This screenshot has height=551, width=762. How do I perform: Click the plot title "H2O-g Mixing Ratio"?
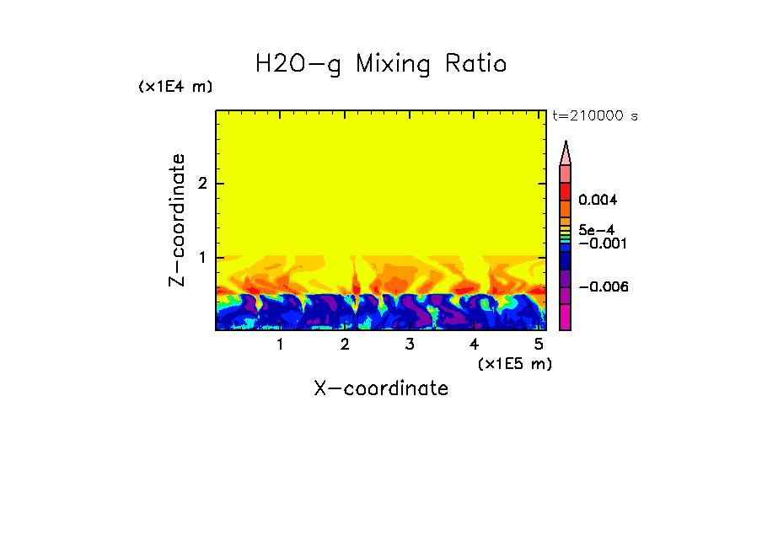pyautogui.click(x=381, y=65)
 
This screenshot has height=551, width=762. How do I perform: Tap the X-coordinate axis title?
pyautogui.click(x=381, y=388)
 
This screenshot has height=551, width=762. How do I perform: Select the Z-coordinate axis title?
pyautogui.click(x=177, y=220)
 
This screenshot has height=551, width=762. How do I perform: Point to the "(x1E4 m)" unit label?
pyautogui.click(x=175, y=87)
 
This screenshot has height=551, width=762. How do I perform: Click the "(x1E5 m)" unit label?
pyautogui.click(x=514, y=363)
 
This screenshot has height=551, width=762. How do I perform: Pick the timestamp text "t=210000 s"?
pyautogui.click(x=594, y=115)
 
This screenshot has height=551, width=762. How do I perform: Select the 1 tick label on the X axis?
pyautogui.click(x=280, y=345)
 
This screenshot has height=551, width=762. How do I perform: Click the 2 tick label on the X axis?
pyautogui.click(x=345, y=345)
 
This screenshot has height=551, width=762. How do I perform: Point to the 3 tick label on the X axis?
pyautogui.click(x=409, y=345)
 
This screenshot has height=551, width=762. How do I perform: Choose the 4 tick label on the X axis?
pyautogui.click(x=474, y=345)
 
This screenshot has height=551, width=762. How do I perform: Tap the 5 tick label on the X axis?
pyautogui.click(x=538, y=345)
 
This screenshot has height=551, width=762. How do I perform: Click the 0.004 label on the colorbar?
pyautogui.click(x=598, y=201)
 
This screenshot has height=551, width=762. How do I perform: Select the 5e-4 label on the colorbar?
pyautogui.click(x=596, y=229)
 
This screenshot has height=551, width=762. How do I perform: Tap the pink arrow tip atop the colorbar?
pyautogui.click(x=566, y=152)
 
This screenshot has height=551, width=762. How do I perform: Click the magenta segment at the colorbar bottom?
pyautogui.click(x=566, y=317)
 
